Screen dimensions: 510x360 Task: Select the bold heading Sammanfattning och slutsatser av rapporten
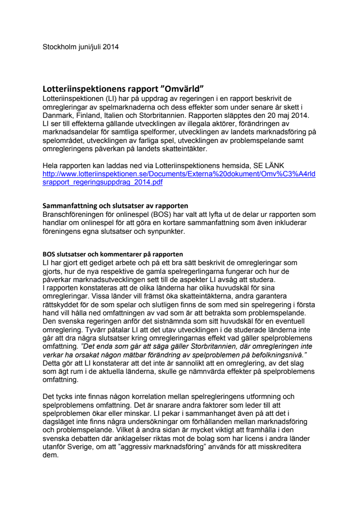(x=116, y=206)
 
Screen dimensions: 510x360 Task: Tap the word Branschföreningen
(x=74, y=214)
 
